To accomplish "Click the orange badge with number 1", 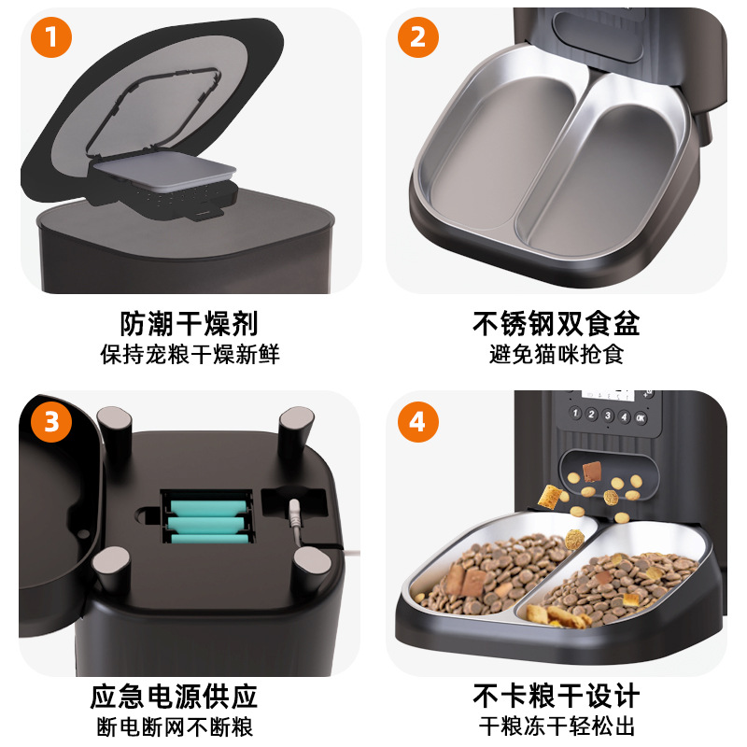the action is pyautogui.click(x=51, y=37).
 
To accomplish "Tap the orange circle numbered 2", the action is pyautogui.click(x=417, y=37).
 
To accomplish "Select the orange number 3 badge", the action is pyautogui.click(x=51, y=422).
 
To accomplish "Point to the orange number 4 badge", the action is pyautogui.click(x=417, y=422).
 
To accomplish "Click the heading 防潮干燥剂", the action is pyautogui.click(x=189, y=324).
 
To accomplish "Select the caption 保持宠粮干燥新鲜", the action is pyautogui.click(x=190, y=355).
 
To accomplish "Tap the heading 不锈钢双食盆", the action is pyautogui.click(x=556, y=324).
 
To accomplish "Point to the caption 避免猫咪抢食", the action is pyautogui.click(x=557, y=355).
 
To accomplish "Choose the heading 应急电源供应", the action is pyautogui.click(x=175, y=697).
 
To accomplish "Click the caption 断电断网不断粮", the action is pyautogui.click(x=175, y=727).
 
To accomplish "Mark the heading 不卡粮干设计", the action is pyautogui.click(x=556, y=697).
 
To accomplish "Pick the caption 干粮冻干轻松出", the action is pyautogui.click(x=557, y=727).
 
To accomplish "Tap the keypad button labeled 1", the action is pyautogui.click(x=575, y=413).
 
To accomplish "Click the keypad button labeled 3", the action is pyautogui.click(x=608, y=416).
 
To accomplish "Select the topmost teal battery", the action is pyautogui.click(x=208, y=508).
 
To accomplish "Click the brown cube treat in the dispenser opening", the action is pyautogui.click(x=592, y=471).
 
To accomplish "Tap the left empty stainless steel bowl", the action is pyautogui.click(x=500, y=152).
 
